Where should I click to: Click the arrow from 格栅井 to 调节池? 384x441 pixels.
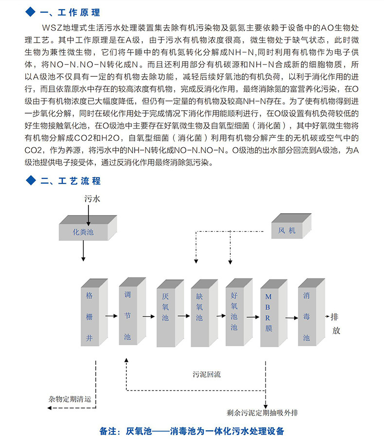coord(111,316)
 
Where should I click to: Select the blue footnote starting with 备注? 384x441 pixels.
coord(192,431)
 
